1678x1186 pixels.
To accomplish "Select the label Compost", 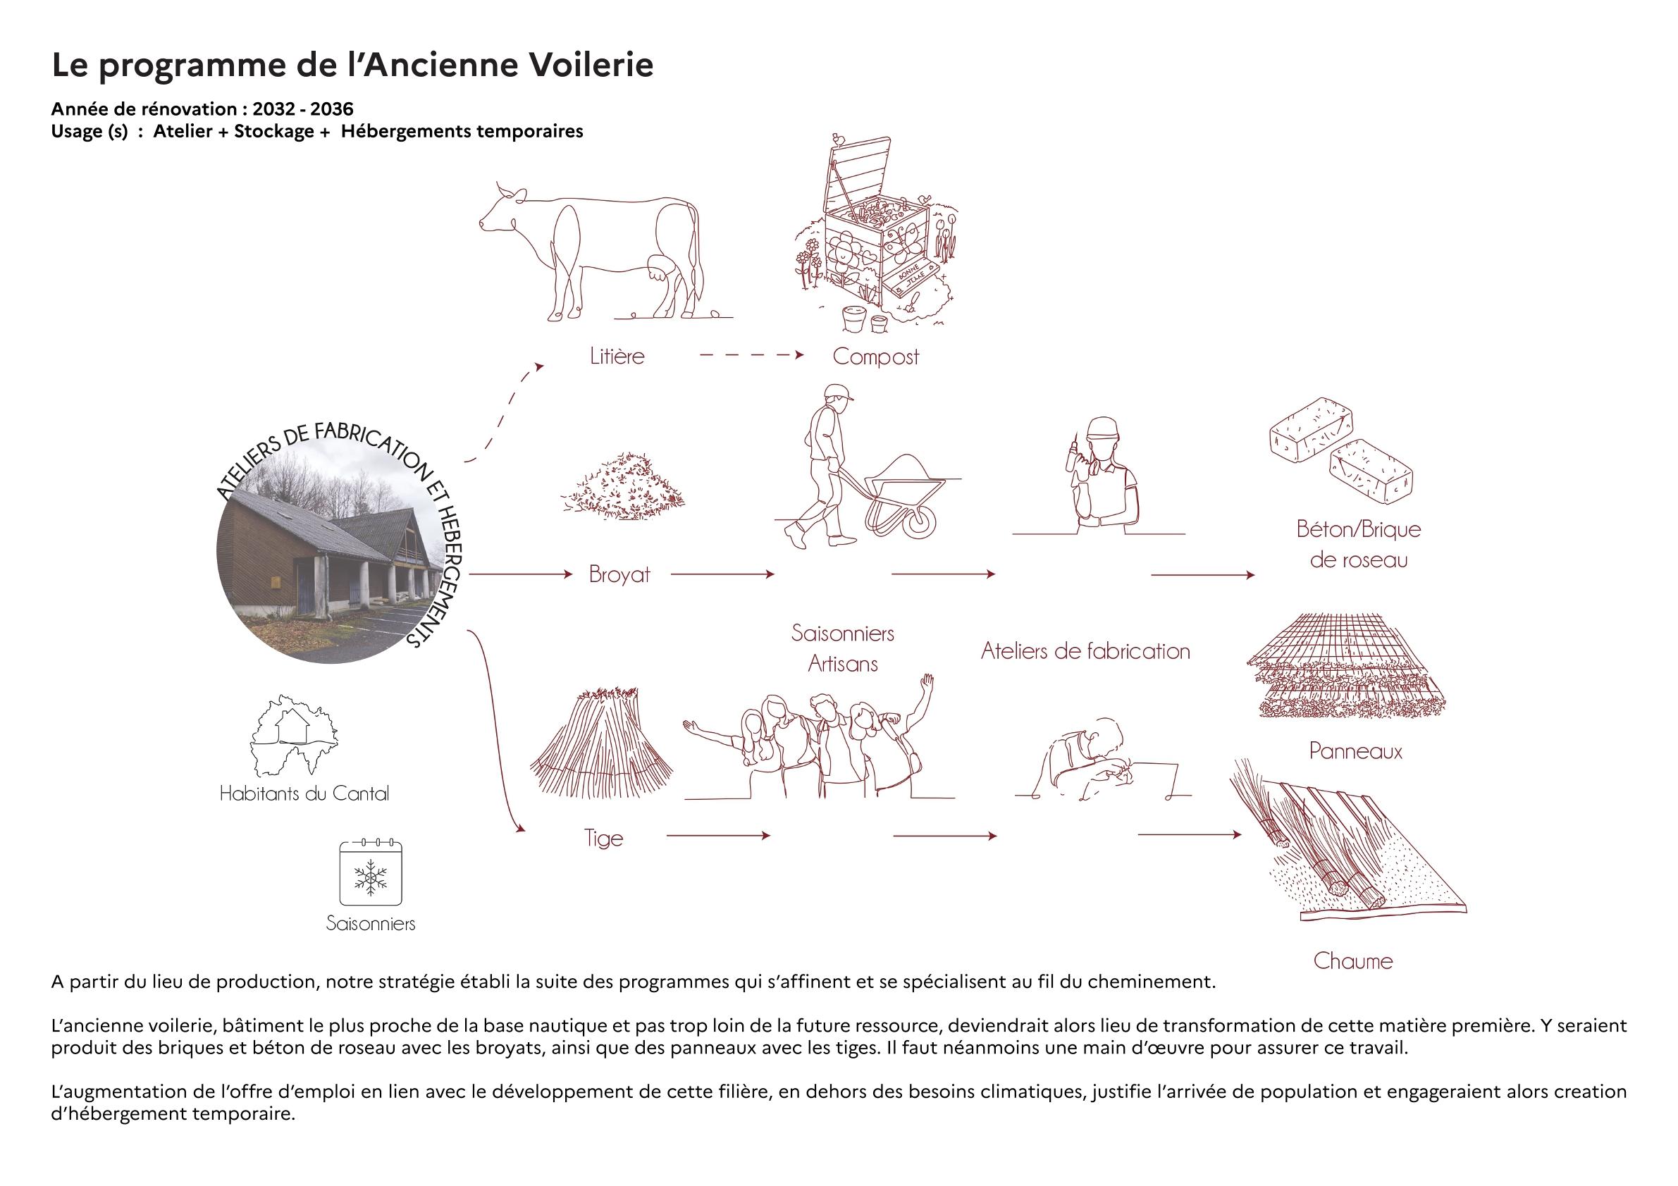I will (x=875, y=357).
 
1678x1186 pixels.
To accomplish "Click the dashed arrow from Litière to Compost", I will (x=751, y=355).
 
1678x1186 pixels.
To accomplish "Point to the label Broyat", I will (x=619, y=574).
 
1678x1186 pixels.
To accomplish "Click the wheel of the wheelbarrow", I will (x=920, y=521).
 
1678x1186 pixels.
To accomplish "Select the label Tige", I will (x=603, y=837).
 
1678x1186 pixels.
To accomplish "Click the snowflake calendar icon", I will (x=371, y=874).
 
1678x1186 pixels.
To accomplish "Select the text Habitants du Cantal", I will (x=304, y=793).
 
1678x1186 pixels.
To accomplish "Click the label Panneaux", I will (x=1355, y=751).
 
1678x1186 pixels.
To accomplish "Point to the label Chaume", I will (x=1353, y=961).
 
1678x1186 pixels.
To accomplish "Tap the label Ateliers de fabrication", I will (x=1085, y=651).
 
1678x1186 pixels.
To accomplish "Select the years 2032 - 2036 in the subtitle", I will (x=302, y=110).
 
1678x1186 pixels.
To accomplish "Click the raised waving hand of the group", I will (x=927, y=686).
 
